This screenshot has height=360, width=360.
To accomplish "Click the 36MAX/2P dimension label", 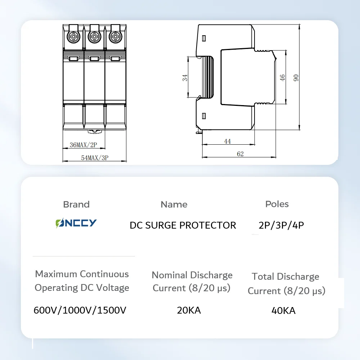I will (84, 145).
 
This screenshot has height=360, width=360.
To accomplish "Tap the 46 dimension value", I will (283, 77).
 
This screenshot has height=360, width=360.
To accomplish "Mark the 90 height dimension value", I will (296, 77).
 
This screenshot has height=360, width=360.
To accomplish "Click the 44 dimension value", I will (228, 141).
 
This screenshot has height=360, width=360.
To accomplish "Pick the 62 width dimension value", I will (240, 154).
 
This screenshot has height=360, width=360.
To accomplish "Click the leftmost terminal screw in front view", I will (73, 36).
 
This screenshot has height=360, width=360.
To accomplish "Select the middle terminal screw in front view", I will (94, 36).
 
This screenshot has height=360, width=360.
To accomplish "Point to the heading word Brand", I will (76, 204).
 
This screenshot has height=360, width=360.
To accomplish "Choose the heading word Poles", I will (277, 204).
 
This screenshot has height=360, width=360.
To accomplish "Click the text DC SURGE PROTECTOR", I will (183, 225).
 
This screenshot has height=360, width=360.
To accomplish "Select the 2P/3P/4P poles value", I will (282, 225).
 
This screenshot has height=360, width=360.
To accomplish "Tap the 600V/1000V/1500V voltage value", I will (80, 310).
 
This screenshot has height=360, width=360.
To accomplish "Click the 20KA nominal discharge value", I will (189, 310).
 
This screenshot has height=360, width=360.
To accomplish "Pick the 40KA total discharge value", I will (284, 311).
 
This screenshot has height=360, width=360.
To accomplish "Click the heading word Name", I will (174, 204).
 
